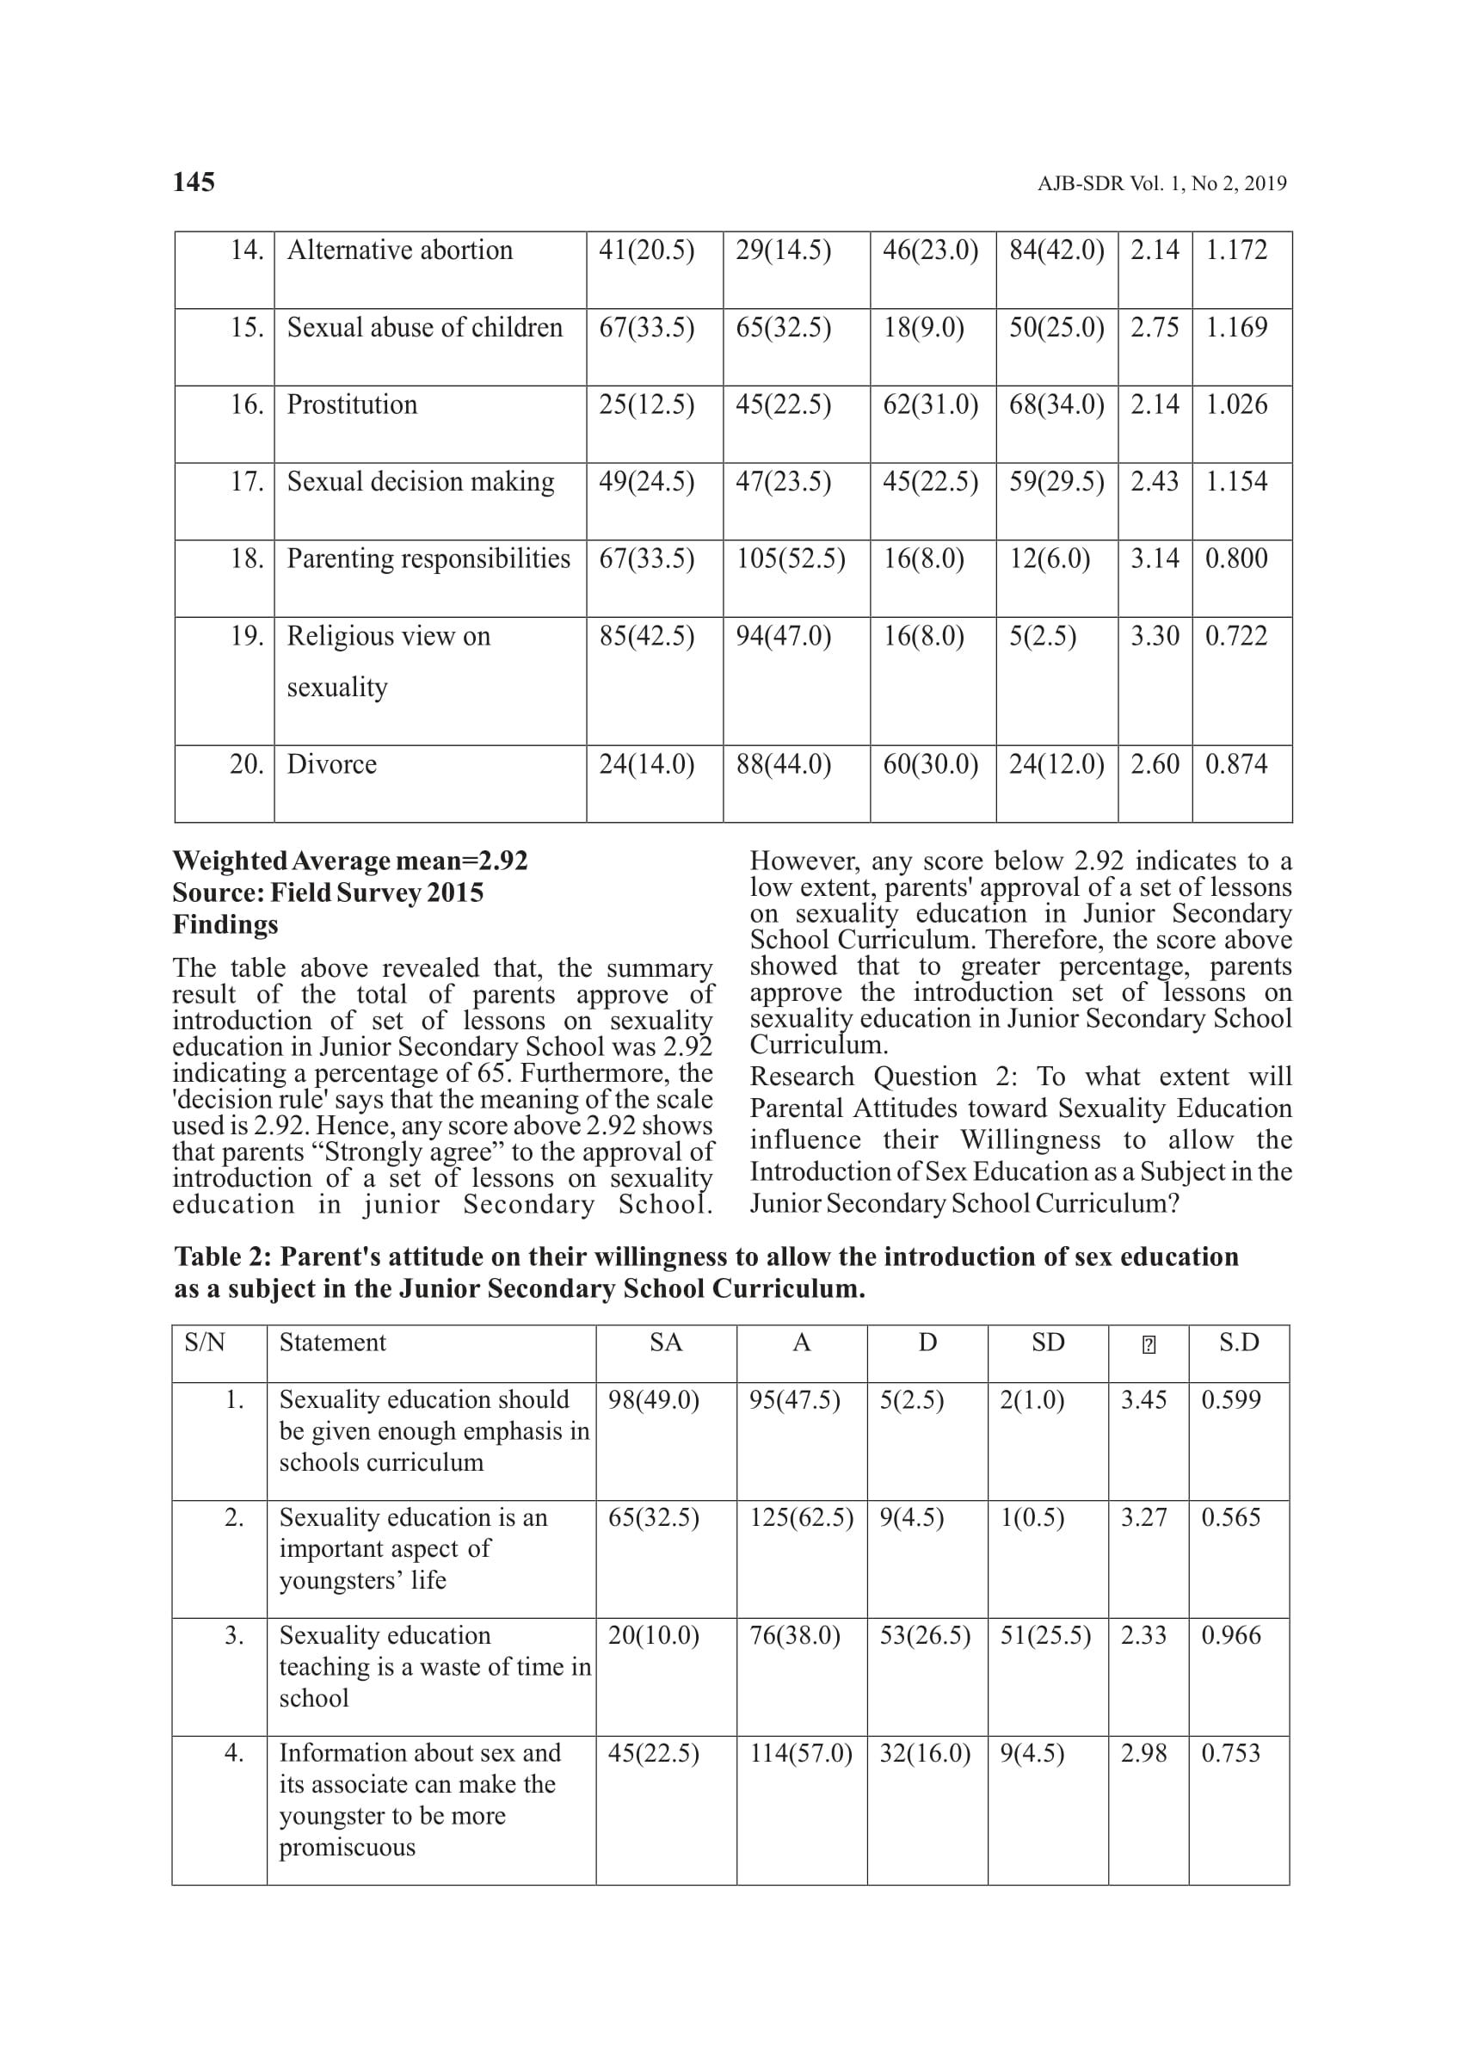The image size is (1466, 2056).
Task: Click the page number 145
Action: pos(194,182)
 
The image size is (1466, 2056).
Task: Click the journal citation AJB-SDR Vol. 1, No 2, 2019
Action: pos(1161,184)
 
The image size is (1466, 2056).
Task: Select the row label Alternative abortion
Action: pos(399,250)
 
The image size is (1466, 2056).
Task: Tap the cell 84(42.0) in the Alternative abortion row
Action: pos(1056,250)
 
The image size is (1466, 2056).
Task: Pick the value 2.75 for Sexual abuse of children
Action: pos(1155,327)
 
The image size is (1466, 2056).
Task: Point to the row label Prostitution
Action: pos(352,404)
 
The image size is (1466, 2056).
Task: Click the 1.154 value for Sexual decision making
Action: pos(1235,481)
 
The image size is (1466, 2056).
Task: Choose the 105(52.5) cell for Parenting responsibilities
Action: pos(790,559)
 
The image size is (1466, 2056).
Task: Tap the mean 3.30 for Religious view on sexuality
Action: pos(1155,636)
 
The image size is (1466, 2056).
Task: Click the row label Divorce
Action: pos(331,764)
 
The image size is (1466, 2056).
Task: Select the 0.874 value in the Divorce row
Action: pos(1235,764)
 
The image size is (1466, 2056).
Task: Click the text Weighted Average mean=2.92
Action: pos(350,861)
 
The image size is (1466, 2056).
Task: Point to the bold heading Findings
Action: pos(225,924)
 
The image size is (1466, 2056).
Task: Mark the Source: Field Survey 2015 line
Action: pos(328,893)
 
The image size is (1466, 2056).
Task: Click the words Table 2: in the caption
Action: pos(222,1256)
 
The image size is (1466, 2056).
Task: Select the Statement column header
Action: pos(332,1343)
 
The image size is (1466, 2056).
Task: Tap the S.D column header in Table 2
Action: pos(1238,1343)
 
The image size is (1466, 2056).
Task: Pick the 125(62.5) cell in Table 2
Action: pos(801,1517)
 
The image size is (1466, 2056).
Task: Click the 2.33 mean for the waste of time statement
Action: pos(1143,1635)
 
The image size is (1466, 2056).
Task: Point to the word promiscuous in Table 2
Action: pos(347,1847)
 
